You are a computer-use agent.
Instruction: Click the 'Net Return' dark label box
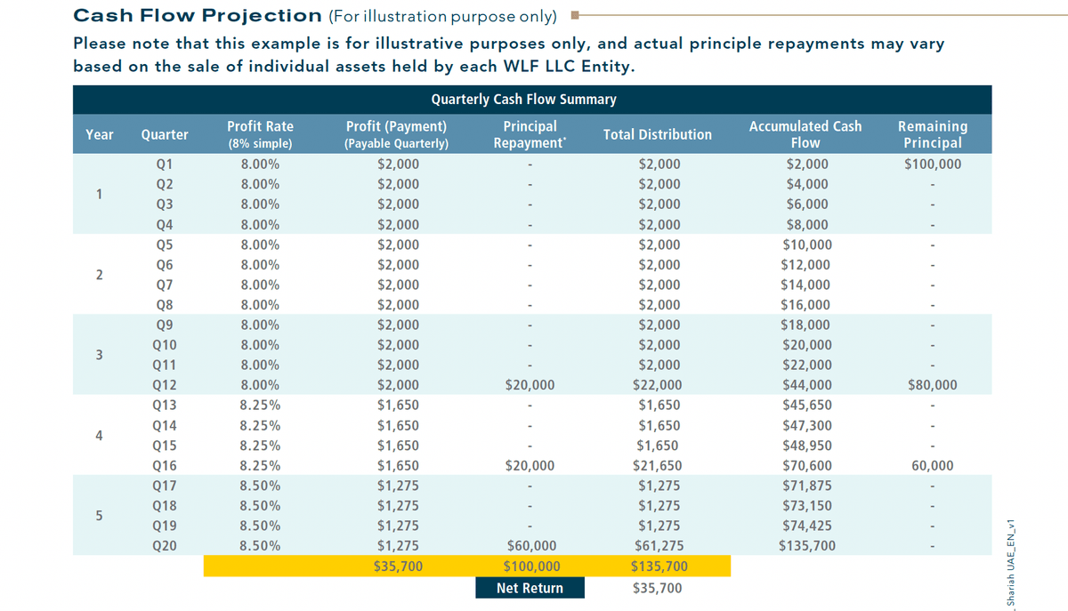530,588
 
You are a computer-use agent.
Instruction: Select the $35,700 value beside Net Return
657,588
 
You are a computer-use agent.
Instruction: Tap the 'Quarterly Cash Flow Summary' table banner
523,99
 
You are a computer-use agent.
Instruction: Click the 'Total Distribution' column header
657,134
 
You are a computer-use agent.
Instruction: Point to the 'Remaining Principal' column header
932,134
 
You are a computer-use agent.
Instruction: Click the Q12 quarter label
165,385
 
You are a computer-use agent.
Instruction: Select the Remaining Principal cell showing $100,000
932,164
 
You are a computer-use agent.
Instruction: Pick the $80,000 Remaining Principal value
932,385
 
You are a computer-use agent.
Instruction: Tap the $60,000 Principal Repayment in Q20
530,545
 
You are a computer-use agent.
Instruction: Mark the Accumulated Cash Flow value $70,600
807,465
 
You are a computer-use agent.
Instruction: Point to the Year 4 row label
99,436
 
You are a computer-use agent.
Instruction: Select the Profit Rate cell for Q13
260,406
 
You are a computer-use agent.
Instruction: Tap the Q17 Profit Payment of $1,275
398,486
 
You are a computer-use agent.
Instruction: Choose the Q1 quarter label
165,164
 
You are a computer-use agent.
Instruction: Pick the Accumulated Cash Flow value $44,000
807,385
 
